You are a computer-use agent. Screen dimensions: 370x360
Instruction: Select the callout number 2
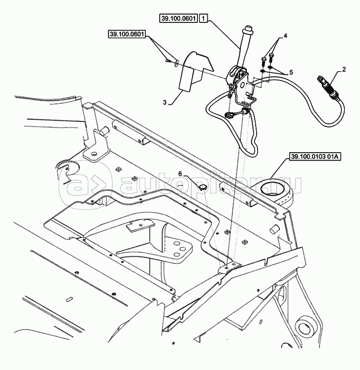344,69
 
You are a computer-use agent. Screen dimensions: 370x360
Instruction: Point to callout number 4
285,35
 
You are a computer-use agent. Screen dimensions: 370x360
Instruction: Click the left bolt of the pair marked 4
264,60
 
